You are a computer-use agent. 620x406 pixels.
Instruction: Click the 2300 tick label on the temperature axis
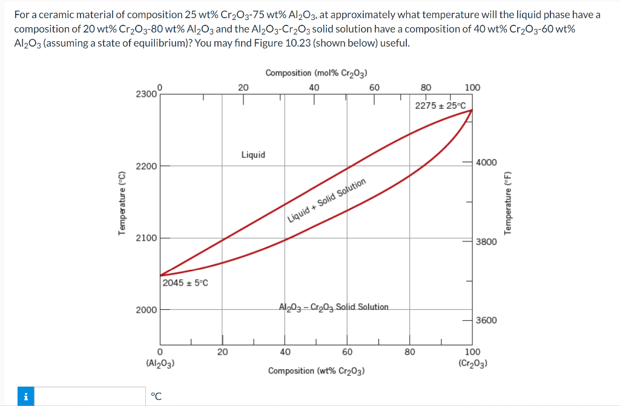146,94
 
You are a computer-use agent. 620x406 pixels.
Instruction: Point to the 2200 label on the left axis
146,166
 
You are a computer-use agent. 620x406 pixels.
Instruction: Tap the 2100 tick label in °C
146,238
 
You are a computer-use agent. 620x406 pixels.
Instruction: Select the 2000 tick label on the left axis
146,310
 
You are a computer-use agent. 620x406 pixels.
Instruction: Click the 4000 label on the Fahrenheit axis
487,163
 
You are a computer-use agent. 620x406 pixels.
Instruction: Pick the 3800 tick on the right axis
487,241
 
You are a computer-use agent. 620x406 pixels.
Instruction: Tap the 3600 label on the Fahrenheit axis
487,320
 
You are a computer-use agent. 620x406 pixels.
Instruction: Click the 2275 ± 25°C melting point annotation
440,105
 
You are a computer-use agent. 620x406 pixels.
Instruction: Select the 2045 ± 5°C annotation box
185,282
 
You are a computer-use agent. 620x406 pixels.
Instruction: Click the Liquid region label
253,154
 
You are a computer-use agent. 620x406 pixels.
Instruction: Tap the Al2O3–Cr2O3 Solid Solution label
334,307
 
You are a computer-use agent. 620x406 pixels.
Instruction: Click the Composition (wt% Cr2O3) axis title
316,370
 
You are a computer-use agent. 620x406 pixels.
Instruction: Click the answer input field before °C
85,396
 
